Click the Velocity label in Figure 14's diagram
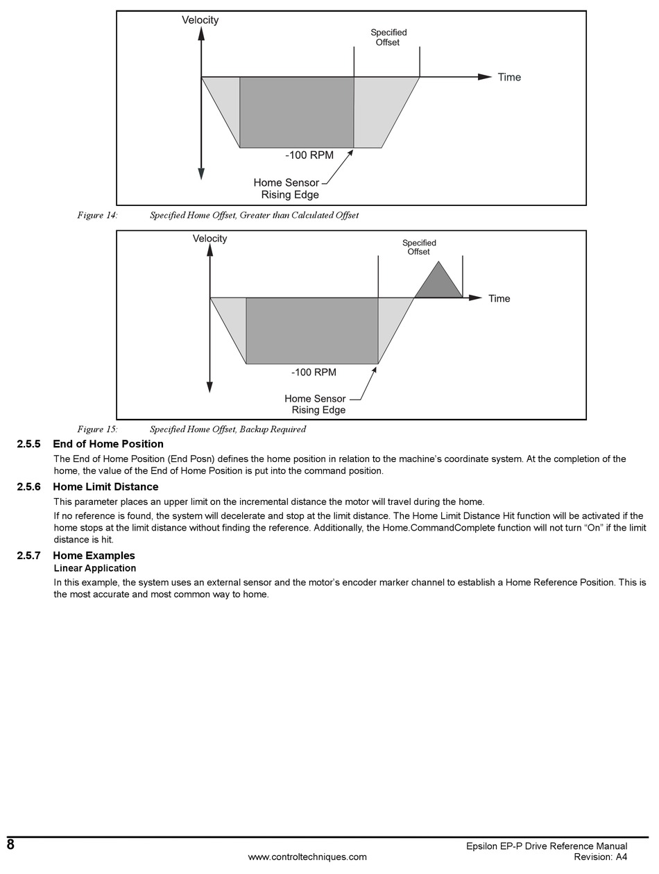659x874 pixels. pyautogui.click(x=200, y=20)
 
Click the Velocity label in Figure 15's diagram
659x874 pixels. pyautogui.click(x=210, y=239)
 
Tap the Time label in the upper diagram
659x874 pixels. pyautogui.click(x=508, y=77)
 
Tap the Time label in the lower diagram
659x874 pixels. pyautogui.click(x=499, y=298)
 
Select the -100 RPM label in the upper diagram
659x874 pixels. pyautogui.click(x=309, y=155)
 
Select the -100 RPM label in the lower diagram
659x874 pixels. pyautogui.click(x=314, y=372)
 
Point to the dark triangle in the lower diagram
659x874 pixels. pyautogui.click(x=438, y=284)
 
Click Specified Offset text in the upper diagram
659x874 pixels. pyautogui.click(x=388, y=37)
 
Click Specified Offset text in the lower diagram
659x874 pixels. pyautogui.click(x=419, y=247)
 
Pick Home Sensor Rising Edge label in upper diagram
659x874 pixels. pyautogui.click(x=286, y=189)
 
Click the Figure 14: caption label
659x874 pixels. pyautogui.click(x=97, y=215)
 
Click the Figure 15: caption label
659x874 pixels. pyautogui.click(x=97, y=429)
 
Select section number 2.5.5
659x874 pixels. pyautogui.click(x=29, y=444)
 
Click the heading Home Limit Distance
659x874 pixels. pyautogui.click(x=105, y=487)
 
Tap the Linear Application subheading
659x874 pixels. pyautogui.click(x=95, y=568)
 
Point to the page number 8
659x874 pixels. pyautogui.click(x=10, y=844)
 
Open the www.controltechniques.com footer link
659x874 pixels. pyautogui.click(x=307, y=857)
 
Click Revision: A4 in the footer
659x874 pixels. pyautogui.click(x=601, y=857)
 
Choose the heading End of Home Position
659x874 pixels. pyautogui.click(x=108, y=444)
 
